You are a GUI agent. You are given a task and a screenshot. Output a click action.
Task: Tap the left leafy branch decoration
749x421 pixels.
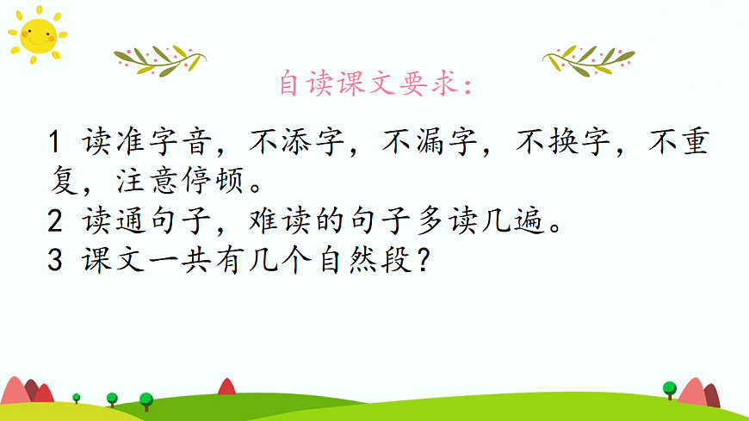[159, 59]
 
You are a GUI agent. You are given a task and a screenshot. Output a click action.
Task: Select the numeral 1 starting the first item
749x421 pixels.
[57, 142]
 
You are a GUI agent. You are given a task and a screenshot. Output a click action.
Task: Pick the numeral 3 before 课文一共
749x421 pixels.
[57, 262]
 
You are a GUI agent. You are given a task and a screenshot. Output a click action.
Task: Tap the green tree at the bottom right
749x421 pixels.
[670, 388]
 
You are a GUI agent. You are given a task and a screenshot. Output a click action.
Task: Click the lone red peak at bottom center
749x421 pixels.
[226, 387]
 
